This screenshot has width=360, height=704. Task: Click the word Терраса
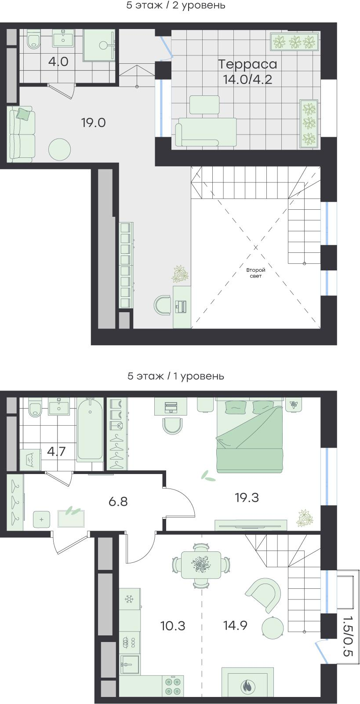(x=247, y=64)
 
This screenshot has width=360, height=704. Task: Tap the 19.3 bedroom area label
(x=247, y=497)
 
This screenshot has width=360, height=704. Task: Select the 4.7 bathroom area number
(x=57, y=452)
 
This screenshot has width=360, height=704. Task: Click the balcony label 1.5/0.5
(x=348, y=636)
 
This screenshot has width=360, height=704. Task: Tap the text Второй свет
(x=256, y=273)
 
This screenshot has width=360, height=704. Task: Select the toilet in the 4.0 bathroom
(x=33, y=40)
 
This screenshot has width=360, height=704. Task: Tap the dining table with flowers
(x=201, y=565)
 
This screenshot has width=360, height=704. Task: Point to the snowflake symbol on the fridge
(x=129, y=599)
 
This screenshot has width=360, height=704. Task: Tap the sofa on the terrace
(x=206, y=132)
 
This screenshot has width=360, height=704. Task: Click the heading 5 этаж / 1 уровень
(x=175, y=376)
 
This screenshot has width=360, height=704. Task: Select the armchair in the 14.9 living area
(x=263, y=595)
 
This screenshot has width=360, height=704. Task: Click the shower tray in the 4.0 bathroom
(x=99, y=44)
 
